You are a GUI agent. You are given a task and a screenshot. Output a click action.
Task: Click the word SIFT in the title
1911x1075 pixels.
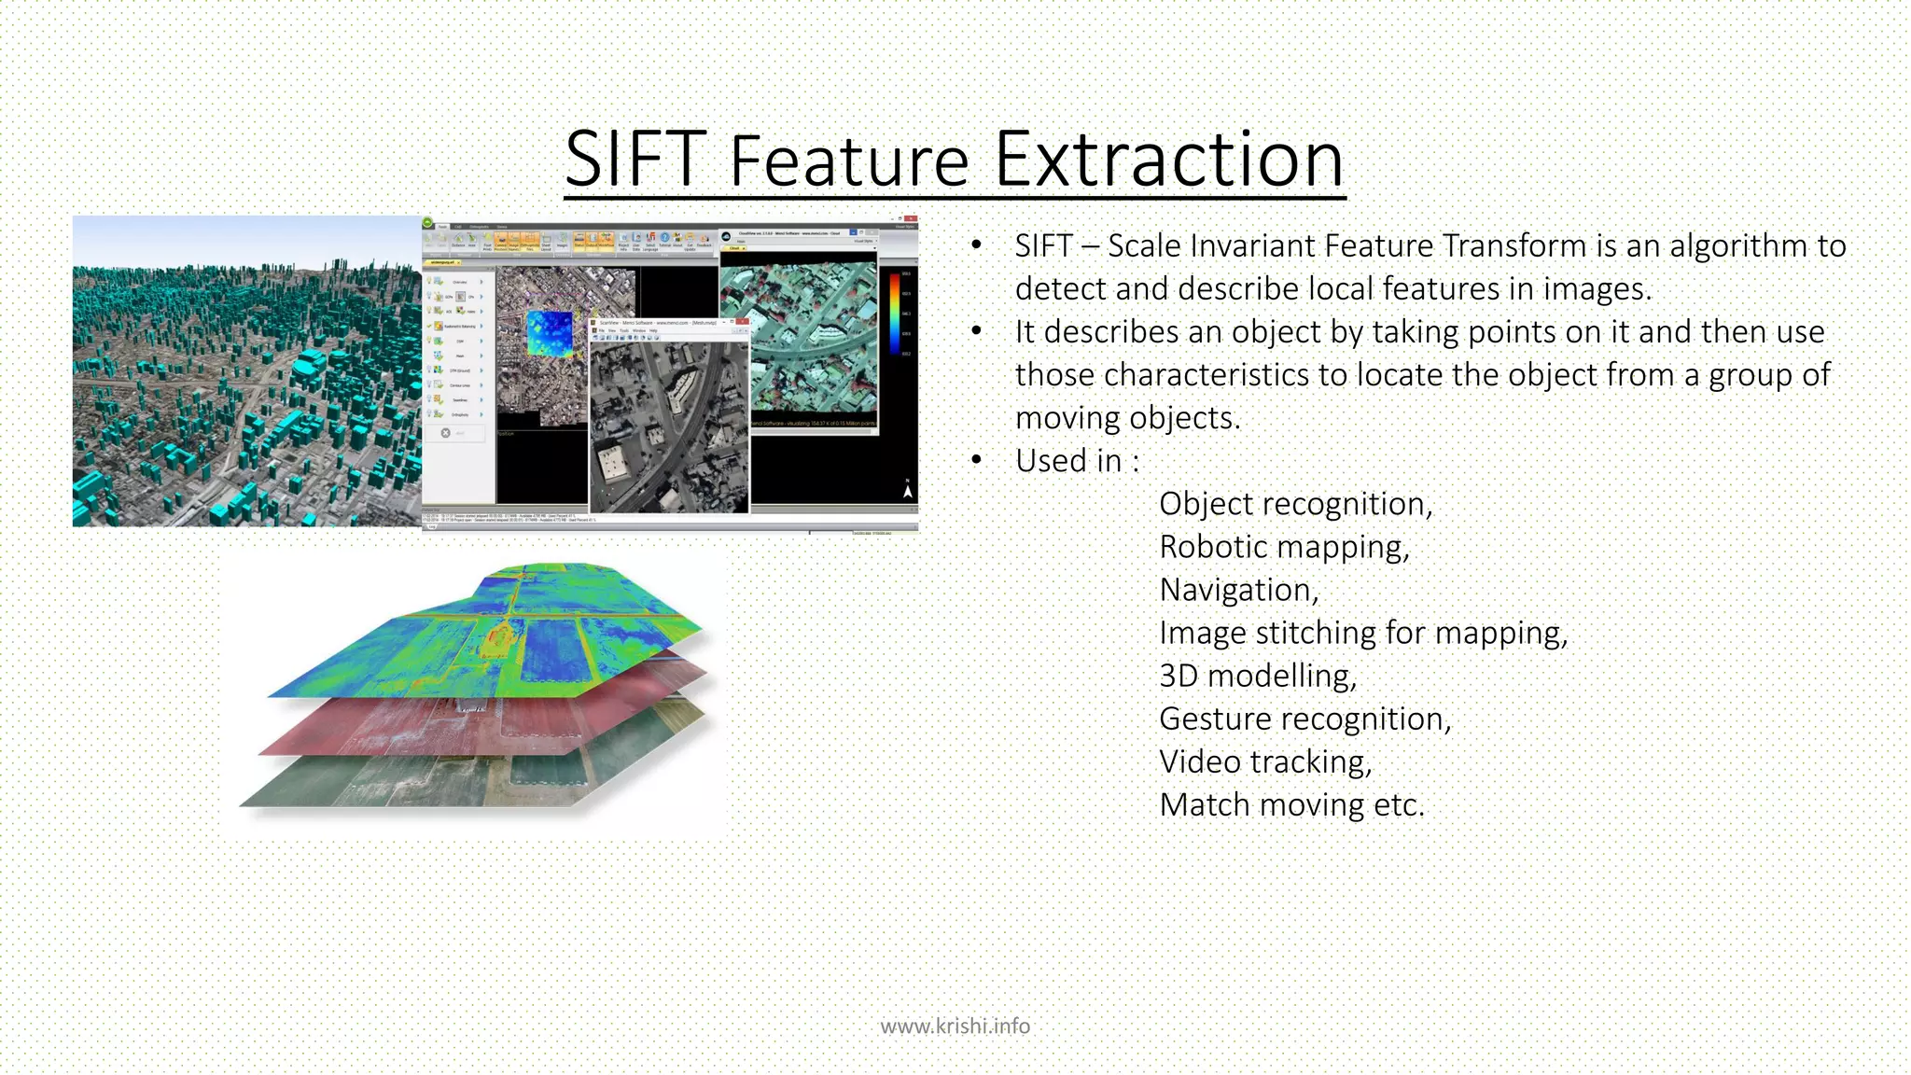tap(635, 160)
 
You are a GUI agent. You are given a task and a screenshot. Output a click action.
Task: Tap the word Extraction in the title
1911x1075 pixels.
tap(1168, 160)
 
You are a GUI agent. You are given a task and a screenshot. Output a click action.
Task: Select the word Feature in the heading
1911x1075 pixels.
tap(849, 161)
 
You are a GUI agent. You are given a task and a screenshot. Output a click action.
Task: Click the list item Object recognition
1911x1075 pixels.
tap(1295, 504)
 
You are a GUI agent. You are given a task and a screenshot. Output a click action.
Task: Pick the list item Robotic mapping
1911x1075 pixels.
tap(1284, 547)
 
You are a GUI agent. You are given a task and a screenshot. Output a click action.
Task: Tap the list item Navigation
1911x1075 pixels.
tap(1238, 590)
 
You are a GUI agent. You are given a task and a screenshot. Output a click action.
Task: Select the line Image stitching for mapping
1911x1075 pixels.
tap(1362, 633)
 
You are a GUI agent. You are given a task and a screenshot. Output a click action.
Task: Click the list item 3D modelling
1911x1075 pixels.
tap(1257, 676)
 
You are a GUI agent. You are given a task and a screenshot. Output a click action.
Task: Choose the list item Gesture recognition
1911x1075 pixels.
tap(1304, 719)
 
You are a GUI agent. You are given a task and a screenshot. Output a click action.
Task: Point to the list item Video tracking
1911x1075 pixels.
tap(1265, 761)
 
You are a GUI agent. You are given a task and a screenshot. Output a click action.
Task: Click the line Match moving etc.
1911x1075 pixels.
tap(1291, 804)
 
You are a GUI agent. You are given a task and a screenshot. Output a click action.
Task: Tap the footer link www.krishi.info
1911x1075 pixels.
tap(955, 1026)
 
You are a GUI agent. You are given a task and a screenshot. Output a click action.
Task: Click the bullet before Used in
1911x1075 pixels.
tap(976, 460)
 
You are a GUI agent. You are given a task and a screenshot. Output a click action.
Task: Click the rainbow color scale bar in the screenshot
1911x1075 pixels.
tap(894, 313)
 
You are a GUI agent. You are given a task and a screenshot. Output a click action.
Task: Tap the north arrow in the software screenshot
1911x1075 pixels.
tap(907, 489)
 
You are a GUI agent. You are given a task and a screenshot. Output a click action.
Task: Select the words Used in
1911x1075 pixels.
tap(1077, 461)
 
